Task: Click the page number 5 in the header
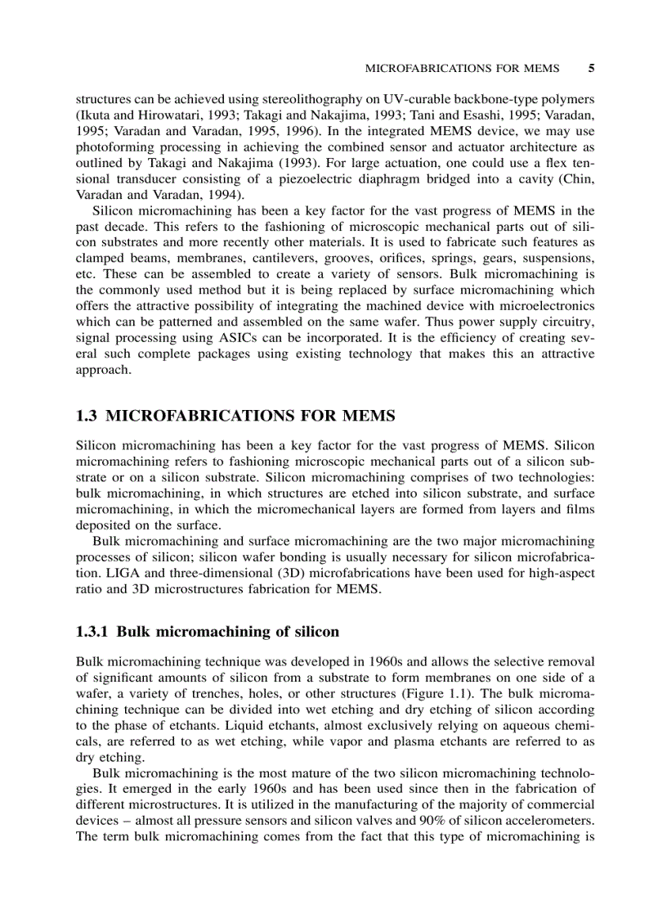pos(590,69)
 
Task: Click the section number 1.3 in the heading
pos(87,416)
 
